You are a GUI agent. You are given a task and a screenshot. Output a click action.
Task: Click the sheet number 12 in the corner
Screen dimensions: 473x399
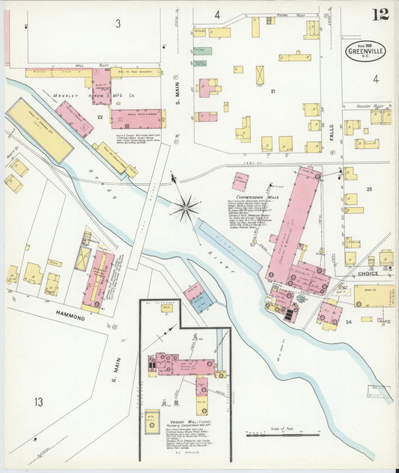click(380, 14)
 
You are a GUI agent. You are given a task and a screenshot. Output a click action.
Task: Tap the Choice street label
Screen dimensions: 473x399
click(367, 274)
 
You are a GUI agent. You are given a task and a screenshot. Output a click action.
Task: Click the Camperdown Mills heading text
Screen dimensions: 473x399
click(252, 200)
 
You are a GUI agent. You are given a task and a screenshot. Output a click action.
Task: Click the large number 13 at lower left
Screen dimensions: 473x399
click(38, 403)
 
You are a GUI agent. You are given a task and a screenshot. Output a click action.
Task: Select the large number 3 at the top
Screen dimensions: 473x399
click(118, 24)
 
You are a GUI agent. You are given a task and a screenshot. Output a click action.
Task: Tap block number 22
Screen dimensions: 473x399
click(99, 116)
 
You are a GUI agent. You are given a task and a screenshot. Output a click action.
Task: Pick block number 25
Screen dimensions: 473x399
click(369, 190)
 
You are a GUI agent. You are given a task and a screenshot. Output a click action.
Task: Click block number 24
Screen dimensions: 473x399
click(348, 321)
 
